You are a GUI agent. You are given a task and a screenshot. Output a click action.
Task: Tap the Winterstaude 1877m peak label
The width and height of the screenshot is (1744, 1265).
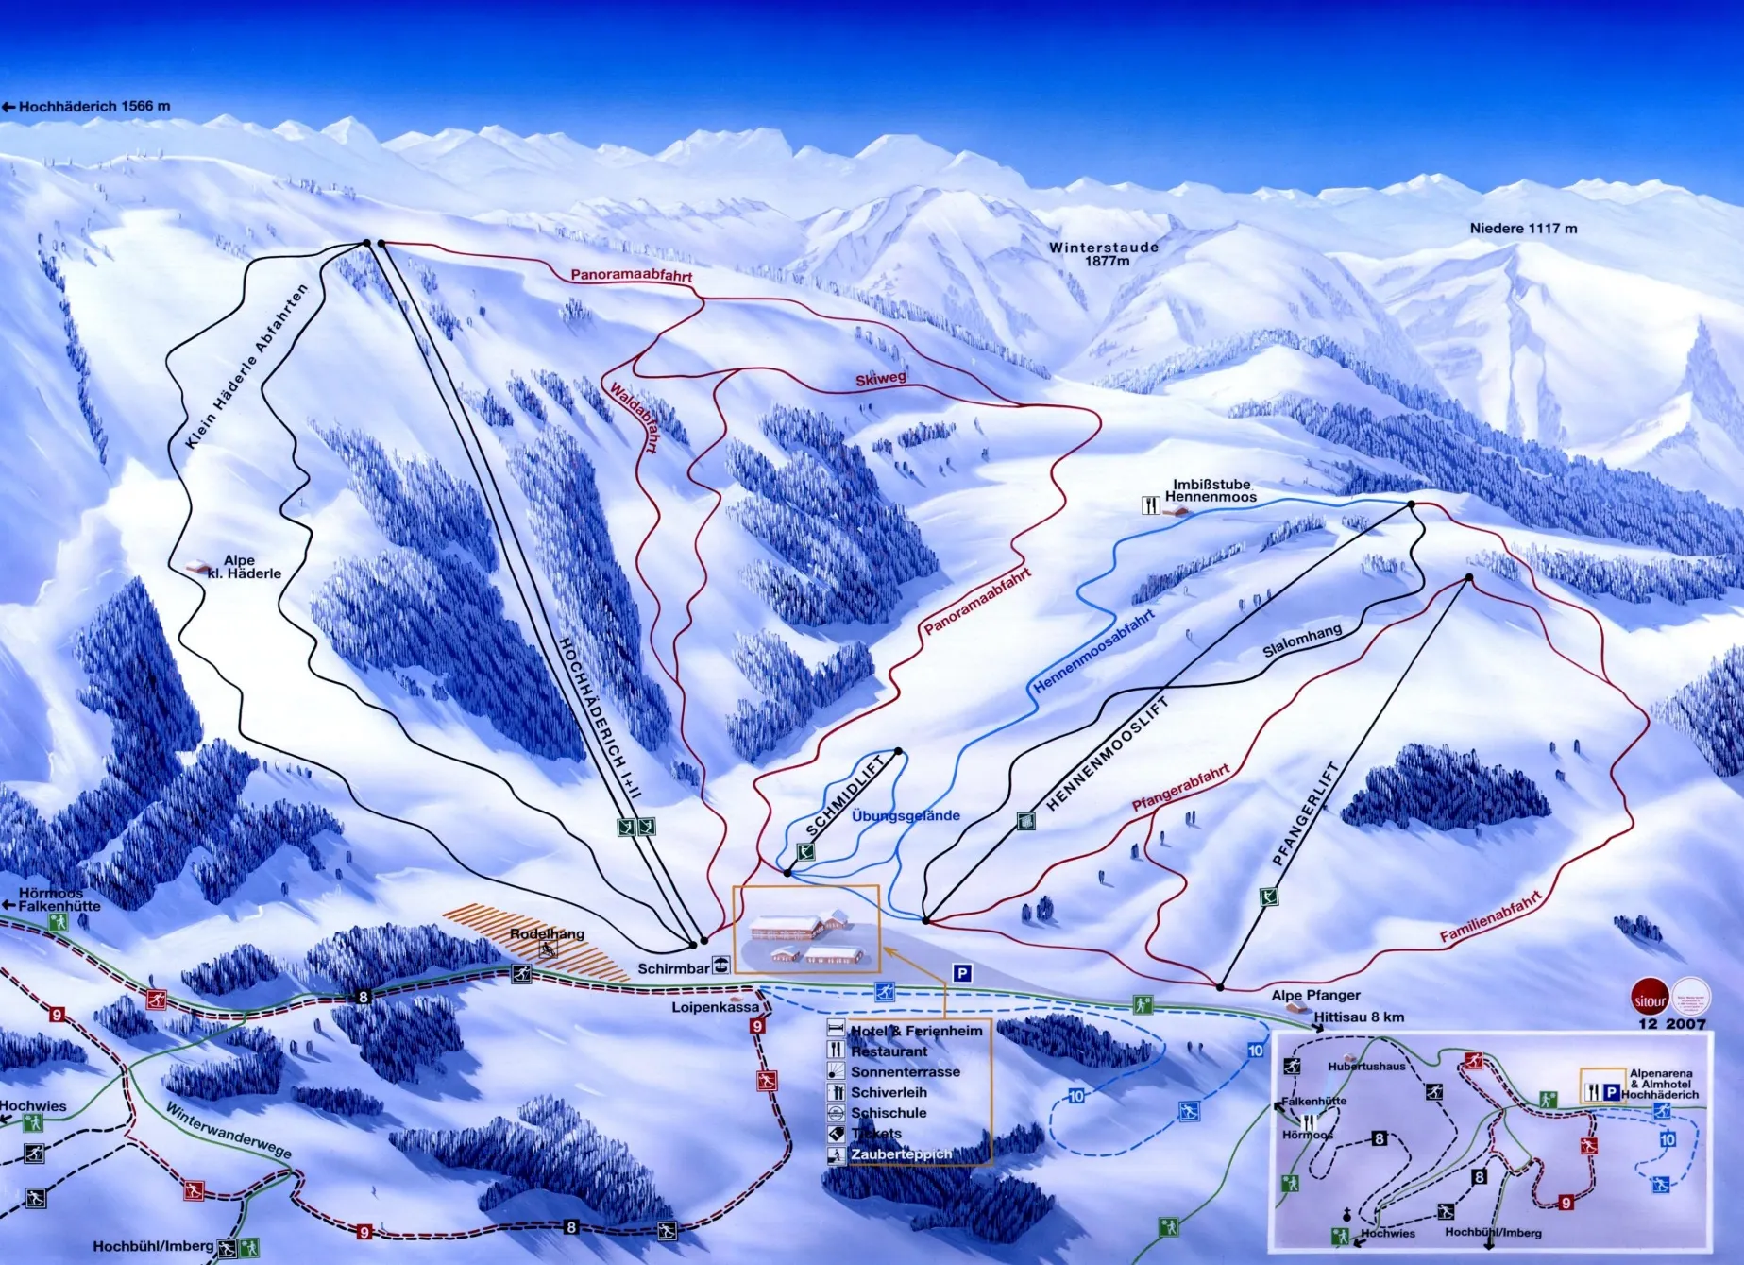pos(1103,253)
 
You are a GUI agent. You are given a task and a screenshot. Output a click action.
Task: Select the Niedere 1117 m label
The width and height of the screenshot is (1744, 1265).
pos(1523,229)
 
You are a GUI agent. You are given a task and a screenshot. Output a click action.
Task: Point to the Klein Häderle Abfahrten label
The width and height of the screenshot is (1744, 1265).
pos(246,367)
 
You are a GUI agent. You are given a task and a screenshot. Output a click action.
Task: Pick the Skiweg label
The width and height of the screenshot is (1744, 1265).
pos(880,379)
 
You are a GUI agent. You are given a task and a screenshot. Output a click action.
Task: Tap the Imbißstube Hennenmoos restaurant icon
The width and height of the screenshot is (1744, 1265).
pos(1150,504)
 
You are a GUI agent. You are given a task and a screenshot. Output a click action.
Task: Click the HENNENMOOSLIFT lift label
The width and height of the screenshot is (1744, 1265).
pos(1107,753)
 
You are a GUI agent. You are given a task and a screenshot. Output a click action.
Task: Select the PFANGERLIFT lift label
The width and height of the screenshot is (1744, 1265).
pos(1305,813)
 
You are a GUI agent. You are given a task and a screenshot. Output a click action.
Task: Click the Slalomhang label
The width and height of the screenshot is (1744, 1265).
pos(1301,641)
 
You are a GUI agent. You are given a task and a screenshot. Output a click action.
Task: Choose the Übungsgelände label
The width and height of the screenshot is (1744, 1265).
pos(905,815)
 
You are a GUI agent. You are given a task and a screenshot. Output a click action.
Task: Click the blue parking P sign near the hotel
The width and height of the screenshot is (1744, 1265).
pos(962,973)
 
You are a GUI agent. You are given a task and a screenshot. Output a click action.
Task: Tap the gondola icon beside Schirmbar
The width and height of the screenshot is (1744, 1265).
pos(721,966)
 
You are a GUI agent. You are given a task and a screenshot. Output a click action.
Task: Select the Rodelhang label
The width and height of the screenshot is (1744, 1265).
pos(547,933)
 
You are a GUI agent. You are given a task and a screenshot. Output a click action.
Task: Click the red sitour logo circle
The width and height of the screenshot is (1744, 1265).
pos(1650,1000)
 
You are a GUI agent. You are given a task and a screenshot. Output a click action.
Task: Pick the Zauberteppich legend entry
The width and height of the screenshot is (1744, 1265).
pos(900,1154)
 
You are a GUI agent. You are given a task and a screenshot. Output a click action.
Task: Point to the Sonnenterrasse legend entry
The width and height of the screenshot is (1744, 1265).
pos(905,1072)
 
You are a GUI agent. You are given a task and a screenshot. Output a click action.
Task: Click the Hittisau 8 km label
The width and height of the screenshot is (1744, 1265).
pos(1358,1017)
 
